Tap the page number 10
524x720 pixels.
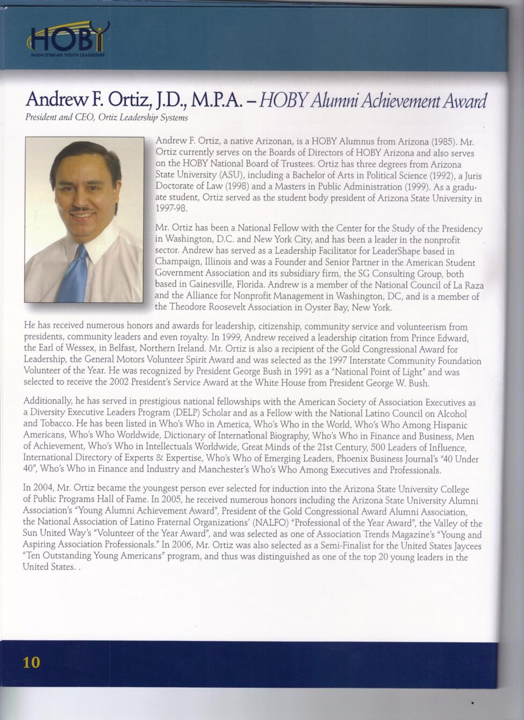coord(32,661)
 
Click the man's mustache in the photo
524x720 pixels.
coord(82,207)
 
